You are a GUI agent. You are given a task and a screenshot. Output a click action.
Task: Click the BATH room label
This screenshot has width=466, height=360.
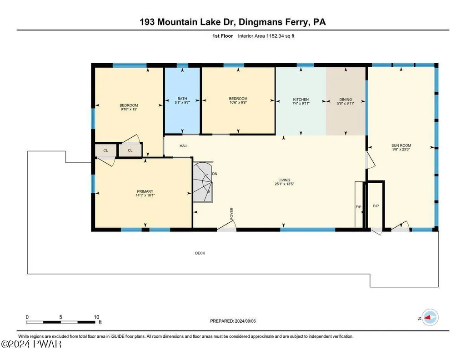tap(182, 99)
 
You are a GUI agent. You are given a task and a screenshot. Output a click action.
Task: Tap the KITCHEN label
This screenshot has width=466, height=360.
tap(301, 100)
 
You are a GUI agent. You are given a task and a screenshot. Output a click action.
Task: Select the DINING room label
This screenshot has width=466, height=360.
tap(346, 100)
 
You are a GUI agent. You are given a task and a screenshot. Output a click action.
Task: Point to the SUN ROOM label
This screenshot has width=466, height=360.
tap(401, 145)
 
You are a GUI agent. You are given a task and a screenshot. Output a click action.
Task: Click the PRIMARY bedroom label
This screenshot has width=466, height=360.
tap(145, 191)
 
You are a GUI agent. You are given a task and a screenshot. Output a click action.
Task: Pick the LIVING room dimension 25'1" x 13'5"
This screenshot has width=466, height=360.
tap(285, 184)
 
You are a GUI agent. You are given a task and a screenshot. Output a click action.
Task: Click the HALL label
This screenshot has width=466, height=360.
tap(184, 146)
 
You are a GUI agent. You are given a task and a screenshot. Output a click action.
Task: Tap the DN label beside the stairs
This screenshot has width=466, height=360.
tap(215, 174)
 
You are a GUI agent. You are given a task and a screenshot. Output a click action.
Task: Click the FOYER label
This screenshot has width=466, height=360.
tap(231, 214)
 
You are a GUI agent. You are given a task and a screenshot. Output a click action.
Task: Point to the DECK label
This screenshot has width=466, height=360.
tap(200, 253)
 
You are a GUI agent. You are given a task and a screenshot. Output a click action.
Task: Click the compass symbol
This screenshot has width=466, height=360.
tap(430, 318)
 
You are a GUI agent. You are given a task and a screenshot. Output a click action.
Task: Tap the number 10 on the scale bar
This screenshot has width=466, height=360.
tap(96, 317)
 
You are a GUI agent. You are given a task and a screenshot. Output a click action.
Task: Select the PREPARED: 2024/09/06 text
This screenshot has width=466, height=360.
tap(233, 321)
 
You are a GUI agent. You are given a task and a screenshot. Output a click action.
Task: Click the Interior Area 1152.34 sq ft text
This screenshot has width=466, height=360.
tap(266, 36)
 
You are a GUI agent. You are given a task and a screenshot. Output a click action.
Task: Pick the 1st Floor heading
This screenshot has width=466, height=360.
tap(222, 36)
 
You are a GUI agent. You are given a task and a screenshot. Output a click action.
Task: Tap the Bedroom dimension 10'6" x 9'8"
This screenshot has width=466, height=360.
tap(238, 102)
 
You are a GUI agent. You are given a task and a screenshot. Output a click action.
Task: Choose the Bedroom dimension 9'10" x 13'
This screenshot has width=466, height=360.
tap(129, 109)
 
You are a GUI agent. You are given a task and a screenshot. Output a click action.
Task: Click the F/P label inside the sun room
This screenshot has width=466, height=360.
tap(376, 206)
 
